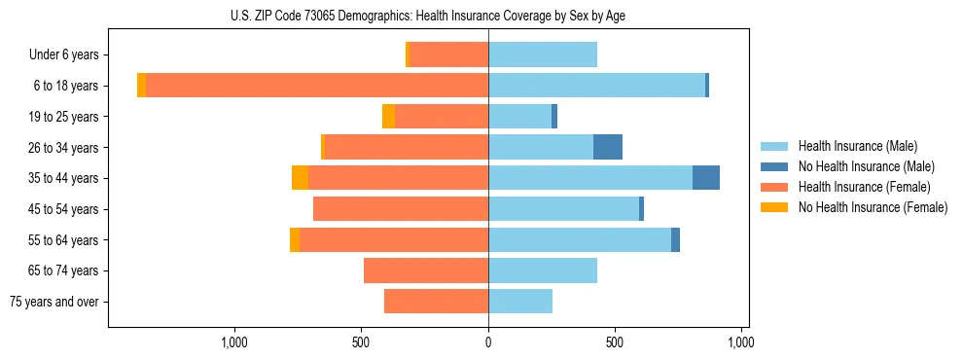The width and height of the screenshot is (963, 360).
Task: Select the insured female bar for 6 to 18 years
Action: pos(316,86)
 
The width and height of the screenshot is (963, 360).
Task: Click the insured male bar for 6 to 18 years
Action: pos(596,86)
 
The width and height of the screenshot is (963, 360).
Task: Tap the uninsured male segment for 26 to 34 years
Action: pos(608,147)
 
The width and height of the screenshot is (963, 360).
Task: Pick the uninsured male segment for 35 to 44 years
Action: pos(706,178)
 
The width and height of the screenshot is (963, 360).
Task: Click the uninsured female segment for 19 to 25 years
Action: pos(388,117)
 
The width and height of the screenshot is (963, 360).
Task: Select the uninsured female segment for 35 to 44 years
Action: pos(300,178)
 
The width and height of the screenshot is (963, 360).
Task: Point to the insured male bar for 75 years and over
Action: pos(520,302)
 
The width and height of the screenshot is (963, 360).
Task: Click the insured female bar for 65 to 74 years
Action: pos(426,270)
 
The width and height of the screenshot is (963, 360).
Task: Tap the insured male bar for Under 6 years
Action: pos(543,55)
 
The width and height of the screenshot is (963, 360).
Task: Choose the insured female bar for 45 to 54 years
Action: pos(401,209)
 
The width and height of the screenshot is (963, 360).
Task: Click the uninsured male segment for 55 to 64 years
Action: pos(675,239)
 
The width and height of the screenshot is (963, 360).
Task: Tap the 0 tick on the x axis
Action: pos(488,342)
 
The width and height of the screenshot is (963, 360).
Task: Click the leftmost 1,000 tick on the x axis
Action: pos(234,342)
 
